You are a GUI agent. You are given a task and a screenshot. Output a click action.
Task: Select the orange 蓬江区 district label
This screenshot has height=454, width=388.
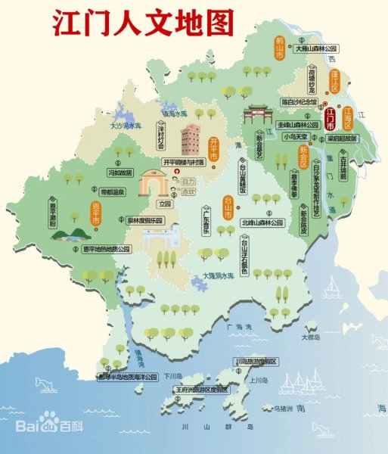[x=334, y=79]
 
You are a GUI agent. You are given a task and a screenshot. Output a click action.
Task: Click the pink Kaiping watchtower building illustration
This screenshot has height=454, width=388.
[x=190, y=139]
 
